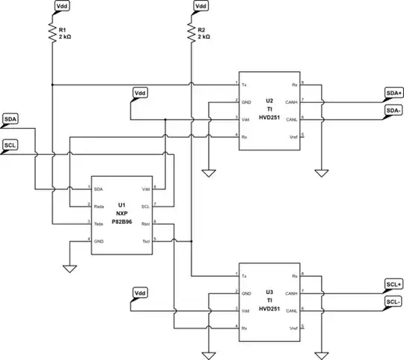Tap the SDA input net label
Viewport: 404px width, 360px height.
10,119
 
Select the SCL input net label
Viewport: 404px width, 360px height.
10,144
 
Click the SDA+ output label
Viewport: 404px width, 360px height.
393,93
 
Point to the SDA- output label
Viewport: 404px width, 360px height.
393,110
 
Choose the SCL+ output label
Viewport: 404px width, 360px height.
393,284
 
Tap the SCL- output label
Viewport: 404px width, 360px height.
393,302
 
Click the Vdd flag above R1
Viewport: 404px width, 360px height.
62,6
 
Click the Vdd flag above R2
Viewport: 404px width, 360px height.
201,6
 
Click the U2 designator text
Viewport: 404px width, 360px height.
269,100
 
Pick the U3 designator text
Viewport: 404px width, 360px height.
269,293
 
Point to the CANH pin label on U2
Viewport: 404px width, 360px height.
292,101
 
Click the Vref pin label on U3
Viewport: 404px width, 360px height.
293,327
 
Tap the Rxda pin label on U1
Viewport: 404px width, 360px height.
100,205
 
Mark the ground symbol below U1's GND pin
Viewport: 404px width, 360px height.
70,266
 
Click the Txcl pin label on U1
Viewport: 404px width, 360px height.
145,240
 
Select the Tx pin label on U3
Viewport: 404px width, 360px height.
244,275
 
